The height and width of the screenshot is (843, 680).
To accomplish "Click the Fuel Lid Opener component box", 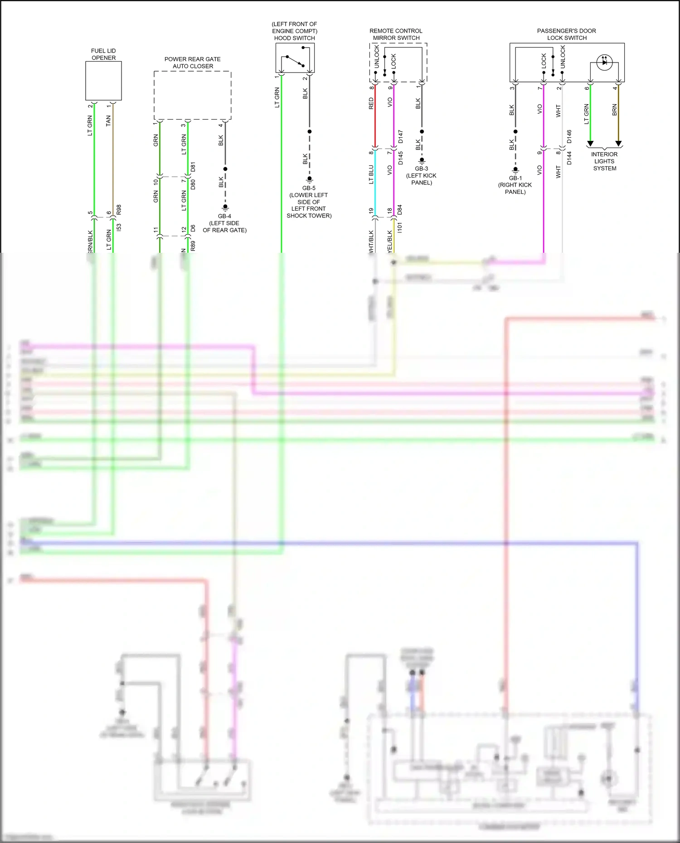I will click(103, 81).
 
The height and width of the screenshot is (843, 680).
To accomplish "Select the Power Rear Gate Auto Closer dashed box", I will click(192, 95).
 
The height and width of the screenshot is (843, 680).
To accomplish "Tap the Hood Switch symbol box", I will click(295, 58).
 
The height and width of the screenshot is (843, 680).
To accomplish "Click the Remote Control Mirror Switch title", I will click(396, 34).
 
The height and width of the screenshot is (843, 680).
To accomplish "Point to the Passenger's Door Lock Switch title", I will click(566, 34).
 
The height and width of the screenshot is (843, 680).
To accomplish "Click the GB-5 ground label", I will click(309, 188).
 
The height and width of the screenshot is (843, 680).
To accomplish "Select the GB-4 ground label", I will click(224, 216).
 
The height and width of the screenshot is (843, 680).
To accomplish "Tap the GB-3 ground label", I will click(421, 169).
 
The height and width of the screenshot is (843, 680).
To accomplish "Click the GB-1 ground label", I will click(515, 178).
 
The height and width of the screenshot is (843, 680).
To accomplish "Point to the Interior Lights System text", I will click(604, 161).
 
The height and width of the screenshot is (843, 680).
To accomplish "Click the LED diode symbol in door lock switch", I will click(604, 62).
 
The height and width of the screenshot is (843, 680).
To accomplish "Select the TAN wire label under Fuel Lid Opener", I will click(108, 120).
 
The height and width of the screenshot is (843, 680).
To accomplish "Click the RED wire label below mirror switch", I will click(371, 103).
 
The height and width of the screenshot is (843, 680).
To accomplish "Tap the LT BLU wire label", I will click(371, 174).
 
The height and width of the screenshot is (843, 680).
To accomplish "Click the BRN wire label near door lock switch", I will click(615, 110).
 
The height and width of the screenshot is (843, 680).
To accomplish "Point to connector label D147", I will click(401, 137).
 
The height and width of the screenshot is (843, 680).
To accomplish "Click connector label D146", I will click(569, 137).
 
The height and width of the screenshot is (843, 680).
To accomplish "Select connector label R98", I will click(119, 210).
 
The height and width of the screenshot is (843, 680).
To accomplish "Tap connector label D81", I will click(193, 167).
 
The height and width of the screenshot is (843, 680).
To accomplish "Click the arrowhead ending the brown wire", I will click(618, 144).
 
